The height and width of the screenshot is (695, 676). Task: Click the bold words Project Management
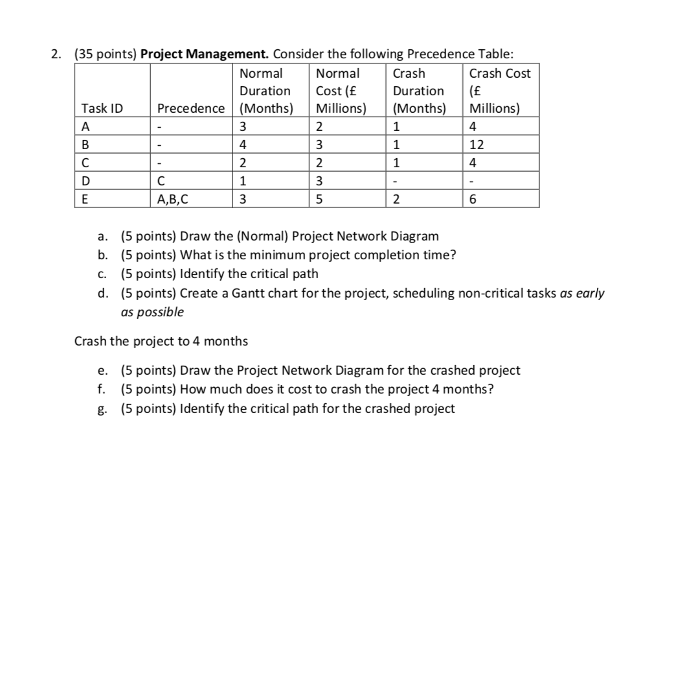click(203, 54)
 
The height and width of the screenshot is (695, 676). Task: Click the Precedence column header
click(191, 108)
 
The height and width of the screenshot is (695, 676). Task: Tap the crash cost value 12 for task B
click(477, 145)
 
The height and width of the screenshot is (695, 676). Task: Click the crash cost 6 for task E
click(473, 199)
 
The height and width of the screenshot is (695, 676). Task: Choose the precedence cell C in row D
click(162, 181)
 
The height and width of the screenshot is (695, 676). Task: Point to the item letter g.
click(102, 408)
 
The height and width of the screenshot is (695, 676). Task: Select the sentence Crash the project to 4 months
click(161, 341)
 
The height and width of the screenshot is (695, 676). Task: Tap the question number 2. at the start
click(57, 54)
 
